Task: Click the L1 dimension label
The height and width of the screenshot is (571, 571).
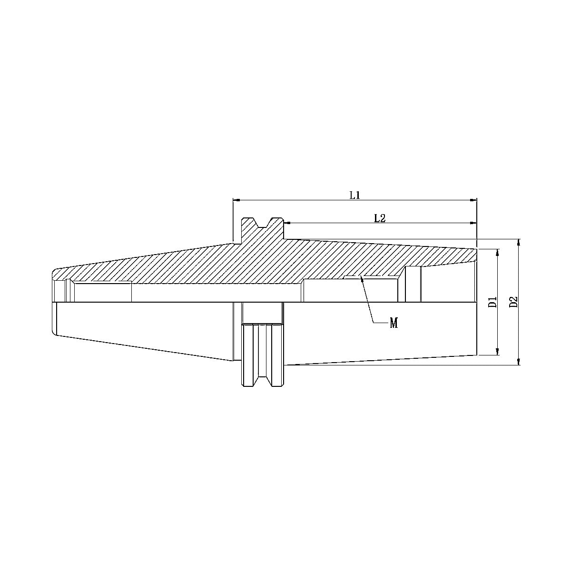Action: point(354,195)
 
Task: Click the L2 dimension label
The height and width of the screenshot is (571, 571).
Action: point(379,218)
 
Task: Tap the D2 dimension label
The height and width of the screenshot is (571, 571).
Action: point(513,302)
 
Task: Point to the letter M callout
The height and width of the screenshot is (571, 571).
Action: point(394,324)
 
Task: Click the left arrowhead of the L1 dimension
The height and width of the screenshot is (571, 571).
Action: point(236,200)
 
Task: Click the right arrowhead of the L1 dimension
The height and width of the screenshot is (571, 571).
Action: point(474,200)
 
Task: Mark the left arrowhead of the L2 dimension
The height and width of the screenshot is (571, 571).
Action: point(286,223)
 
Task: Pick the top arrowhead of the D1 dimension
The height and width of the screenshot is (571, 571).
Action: point(497,251)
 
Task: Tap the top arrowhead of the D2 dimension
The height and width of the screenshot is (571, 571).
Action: point(519,242)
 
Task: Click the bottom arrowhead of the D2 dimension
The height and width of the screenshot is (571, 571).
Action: point(519,362)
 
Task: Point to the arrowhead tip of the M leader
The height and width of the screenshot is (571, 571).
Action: point(362,277)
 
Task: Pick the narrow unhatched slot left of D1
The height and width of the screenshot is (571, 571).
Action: point(413,284)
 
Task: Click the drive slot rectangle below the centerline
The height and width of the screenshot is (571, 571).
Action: point(262,313)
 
